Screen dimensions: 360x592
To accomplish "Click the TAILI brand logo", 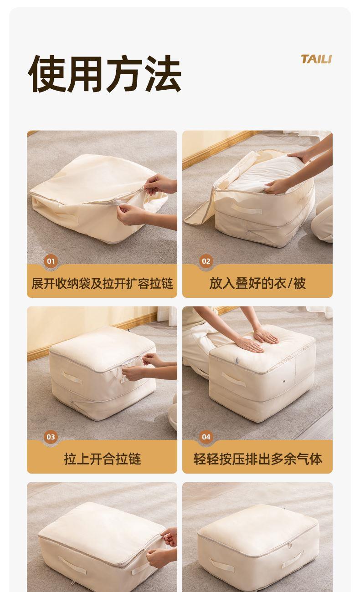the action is pos(316,59).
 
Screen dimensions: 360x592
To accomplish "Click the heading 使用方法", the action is pos(105,73).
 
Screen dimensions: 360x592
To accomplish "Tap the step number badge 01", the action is pos(51,261).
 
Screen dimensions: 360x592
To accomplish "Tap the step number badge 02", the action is pos(206,261).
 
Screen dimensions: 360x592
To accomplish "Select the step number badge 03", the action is pos(51,437).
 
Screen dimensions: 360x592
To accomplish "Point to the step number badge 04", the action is pos(206,437).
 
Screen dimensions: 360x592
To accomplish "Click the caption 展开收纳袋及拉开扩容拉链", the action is pos(102,284).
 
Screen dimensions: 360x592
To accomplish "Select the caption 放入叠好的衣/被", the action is pos(257,284).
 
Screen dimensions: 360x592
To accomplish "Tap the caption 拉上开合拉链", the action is pos(102,459).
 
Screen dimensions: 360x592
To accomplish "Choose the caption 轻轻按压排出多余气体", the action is pos(257,459).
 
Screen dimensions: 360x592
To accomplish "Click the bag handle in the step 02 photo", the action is pos(247,208).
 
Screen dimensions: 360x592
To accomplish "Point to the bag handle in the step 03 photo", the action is pos(72,378).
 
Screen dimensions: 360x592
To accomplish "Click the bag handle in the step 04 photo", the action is pos(233,379).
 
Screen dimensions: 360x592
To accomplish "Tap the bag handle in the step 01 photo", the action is pos(67,216).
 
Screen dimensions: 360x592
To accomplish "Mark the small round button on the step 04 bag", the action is pos(284,381).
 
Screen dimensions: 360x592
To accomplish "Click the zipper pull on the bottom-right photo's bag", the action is pos(290,545).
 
